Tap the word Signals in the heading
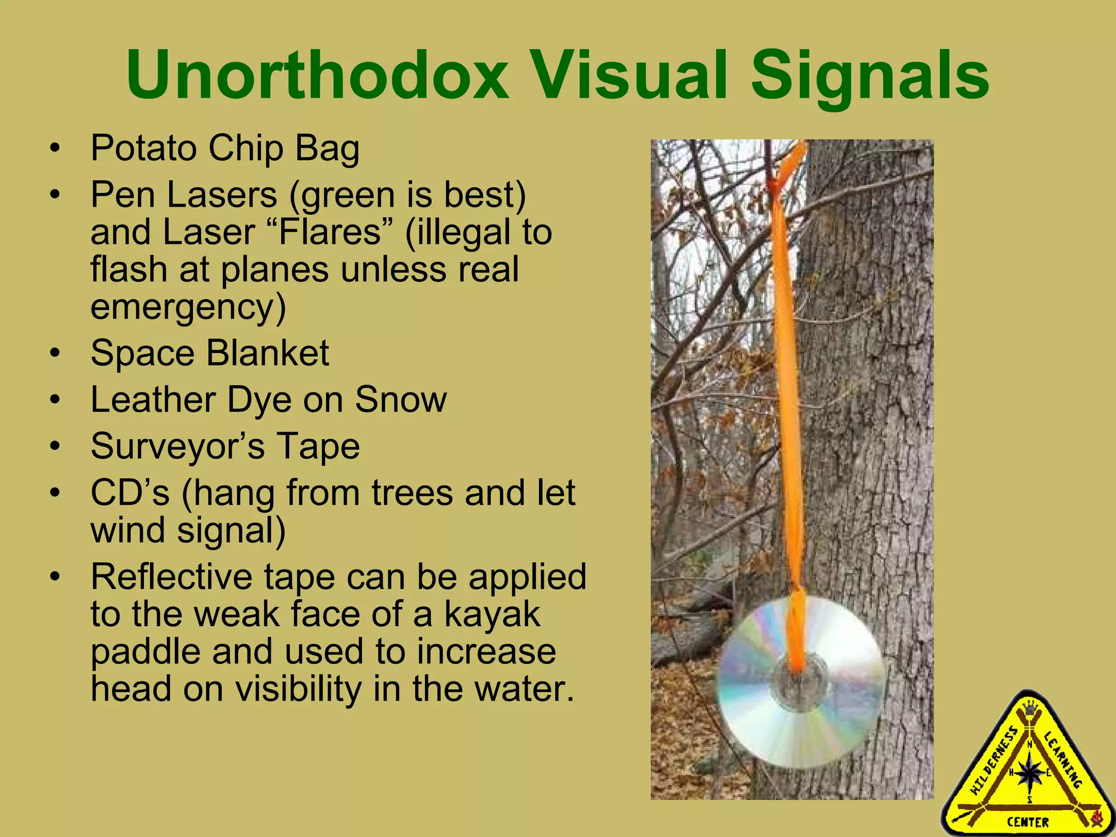point(870,76)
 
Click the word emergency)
point(188,307)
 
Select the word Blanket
point(268,353)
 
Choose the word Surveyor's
point(178,446)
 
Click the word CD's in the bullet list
point(130,493)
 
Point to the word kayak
point(492,614)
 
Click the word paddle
point(145,652)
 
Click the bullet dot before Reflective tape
point(54,578)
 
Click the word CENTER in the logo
point(1028,822)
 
